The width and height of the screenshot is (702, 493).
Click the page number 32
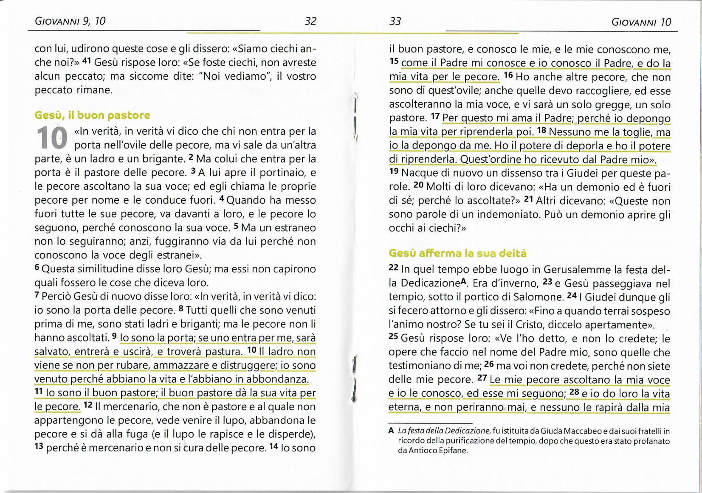(x=310, y=21)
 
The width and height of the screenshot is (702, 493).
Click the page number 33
(x=395, y=21)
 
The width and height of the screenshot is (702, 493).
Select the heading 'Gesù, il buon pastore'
(x=92, y=115)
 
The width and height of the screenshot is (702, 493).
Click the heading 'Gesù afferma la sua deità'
(x=457, y=253)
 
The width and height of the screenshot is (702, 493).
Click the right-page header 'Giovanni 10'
(x=641, y=22)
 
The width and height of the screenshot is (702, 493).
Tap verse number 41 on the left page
(x=87, y=61)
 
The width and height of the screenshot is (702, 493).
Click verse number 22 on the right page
(x=393, y=268)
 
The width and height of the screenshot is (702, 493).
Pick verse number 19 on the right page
(x=394, y=171)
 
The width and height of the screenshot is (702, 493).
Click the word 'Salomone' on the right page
(x=539, y=297)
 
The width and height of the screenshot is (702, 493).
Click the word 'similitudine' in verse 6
(x=99, y=269)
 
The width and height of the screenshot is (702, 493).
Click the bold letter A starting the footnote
(x=391, y=431)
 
